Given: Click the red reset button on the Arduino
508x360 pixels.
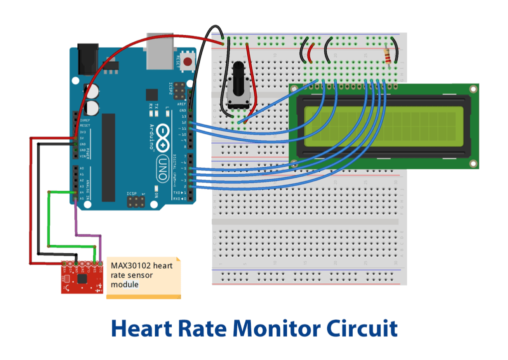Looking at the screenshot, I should [187, 62].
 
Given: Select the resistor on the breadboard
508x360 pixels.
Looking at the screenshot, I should [388, 57].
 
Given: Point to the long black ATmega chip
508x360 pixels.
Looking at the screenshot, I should [109, 157].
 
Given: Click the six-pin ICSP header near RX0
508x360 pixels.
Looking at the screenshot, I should [135, 202].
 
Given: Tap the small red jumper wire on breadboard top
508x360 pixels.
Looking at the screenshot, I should [311, 50].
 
